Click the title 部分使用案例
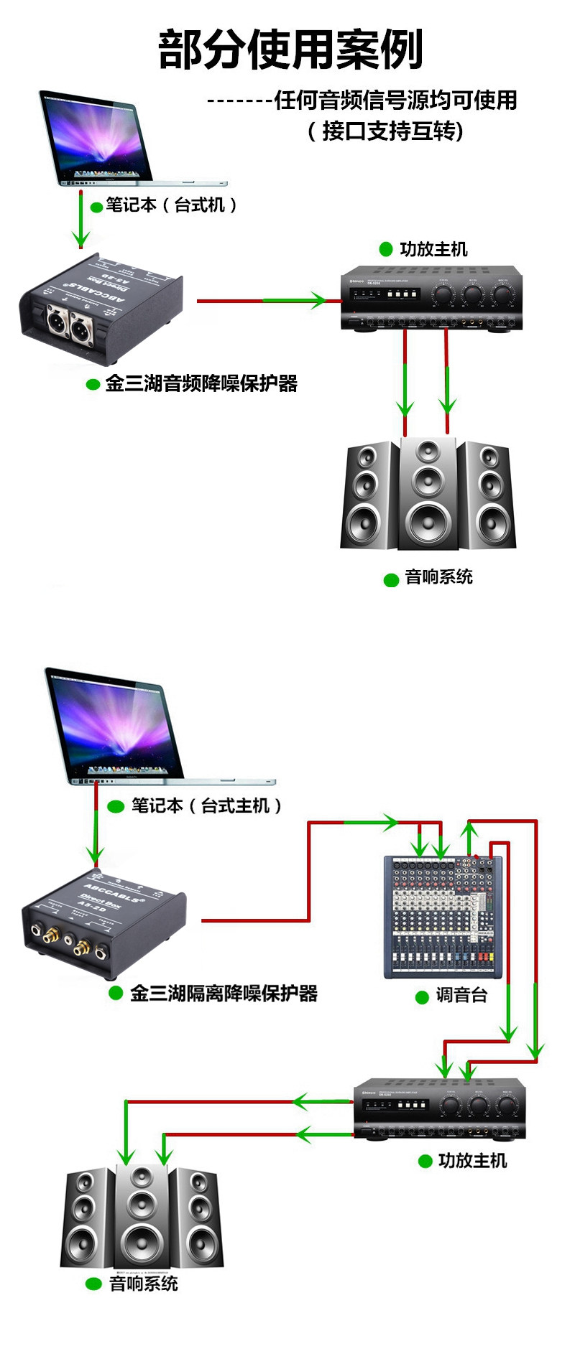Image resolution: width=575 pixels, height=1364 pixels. click(290, 50)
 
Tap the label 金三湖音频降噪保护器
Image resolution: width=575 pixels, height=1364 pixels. click(201, 383)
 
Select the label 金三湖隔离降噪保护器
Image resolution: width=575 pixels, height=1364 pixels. click(224, 994)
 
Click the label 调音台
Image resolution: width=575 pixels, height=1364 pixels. click(461, 996)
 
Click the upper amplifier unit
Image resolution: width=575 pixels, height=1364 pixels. click(431, 298)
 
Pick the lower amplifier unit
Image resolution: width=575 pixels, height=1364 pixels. click(440, 1108)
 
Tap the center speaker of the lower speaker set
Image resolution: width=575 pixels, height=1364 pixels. click(142, 1218)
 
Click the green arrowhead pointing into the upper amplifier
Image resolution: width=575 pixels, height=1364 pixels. click(316, 300)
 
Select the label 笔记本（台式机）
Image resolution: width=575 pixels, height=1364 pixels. click(171, 205)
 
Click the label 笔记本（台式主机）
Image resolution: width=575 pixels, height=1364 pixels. click(206, 806)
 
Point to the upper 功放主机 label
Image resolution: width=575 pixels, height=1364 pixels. click(433, 249)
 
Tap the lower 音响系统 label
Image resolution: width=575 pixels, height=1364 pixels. click(143, 1284)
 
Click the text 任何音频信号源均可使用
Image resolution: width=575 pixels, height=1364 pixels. click(395, 101)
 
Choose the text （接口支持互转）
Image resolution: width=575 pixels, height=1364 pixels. click(385, 131)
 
